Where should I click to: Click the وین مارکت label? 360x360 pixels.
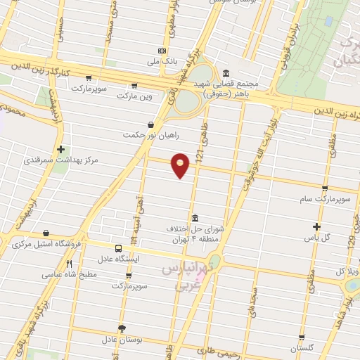(x=136, y=94)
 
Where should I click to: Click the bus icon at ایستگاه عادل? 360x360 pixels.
(x=117, y=247)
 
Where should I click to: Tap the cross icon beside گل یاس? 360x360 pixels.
(x=316, y=226)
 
